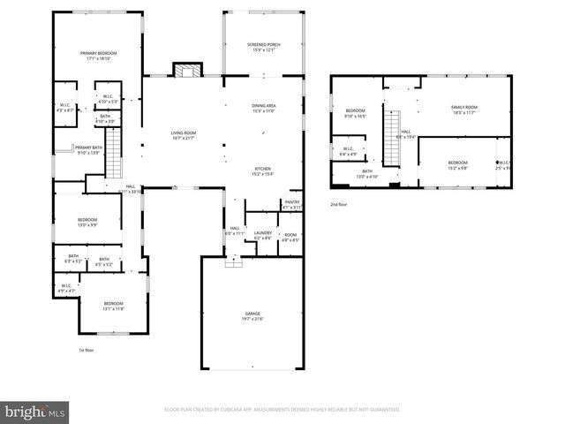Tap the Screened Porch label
[263, 46]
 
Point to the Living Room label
[183, 135]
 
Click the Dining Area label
[264, 108]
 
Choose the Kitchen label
[264, 170]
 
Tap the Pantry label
[292, 205]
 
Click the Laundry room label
[263, 236]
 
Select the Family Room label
[464, 110]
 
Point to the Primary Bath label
[88, 150]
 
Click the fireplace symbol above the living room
[186, 71]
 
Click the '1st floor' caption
[85, 350]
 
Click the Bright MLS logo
[35, 412]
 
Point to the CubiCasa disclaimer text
[282, 410]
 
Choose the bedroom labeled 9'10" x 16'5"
[354, 113]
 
